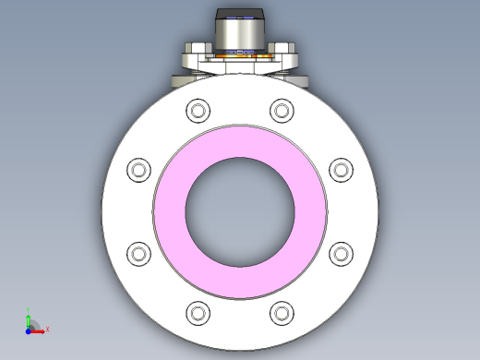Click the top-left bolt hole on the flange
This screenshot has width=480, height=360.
pos(198,111)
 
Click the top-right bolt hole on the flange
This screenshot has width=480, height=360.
pos(281,111)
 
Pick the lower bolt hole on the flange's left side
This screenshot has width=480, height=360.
pos(138,253)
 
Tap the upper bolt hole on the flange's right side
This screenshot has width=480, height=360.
pos(341,170)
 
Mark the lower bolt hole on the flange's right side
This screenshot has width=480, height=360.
pos(341,253)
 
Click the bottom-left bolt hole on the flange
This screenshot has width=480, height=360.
pos(198,312)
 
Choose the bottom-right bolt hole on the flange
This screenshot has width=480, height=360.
pos(281,312)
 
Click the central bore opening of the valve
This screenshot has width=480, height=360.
pos(240,211)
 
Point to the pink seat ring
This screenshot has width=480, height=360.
pos(171,211)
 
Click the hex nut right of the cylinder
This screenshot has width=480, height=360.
pos(284,48)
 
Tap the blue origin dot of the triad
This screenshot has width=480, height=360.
pos(29,329)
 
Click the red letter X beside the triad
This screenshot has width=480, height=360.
pos(46,329)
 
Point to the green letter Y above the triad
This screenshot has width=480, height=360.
pos(29,311)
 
